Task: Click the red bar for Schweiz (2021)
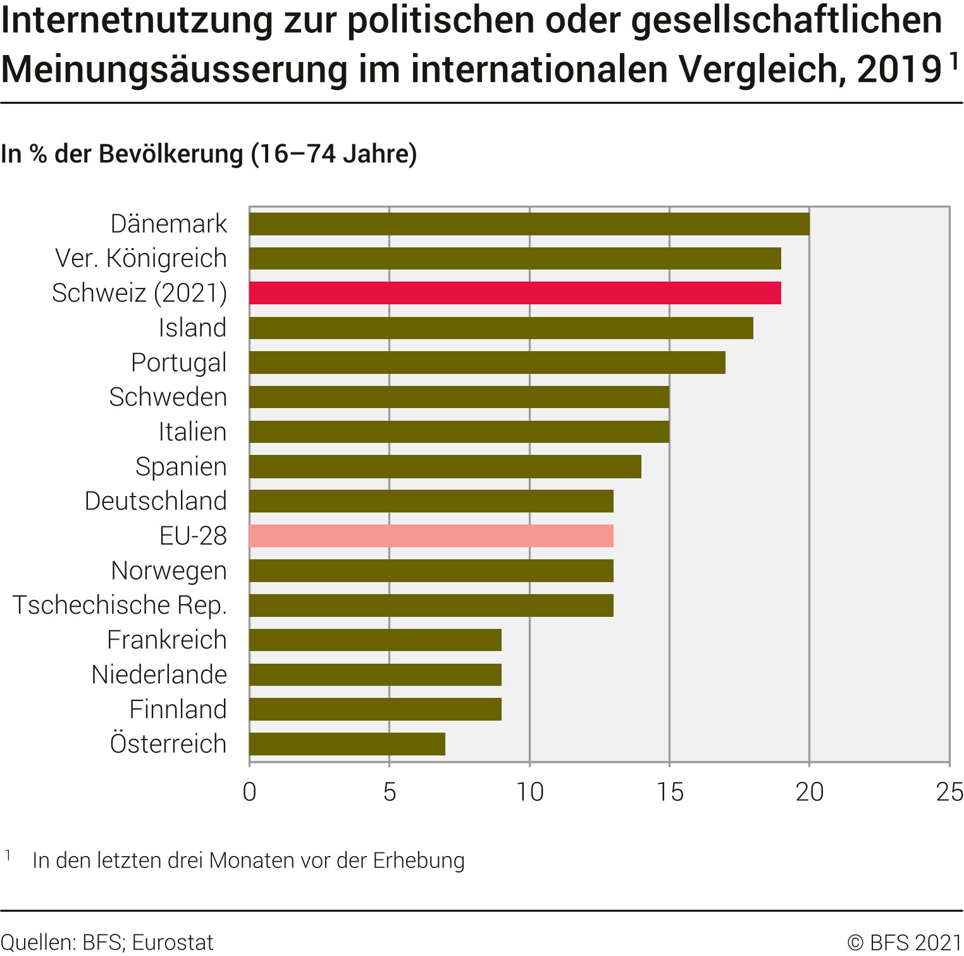coord(515,293)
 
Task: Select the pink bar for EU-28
coord(431,536)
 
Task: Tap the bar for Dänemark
coord(529,224)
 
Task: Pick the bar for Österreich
coord(347,744)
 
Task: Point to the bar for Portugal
coord(487,363)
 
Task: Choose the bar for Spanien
coord(445,466)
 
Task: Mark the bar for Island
coord(501,328)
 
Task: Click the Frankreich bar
coord(375,640)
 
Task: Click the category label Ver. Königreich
coord(140,258)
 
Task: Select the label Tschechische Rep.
coord(120,605)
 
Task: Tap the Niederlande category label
coord(159,674)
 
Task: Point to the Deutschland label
coord(156,501)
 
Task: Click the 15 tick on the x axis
coord(669,791)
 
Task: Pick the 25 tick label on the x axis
coord(949,791)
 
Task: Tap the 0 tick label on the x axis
coord(250,791)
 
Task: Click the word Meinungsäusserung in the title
coord(175,69)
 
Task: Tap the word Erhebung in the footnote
coord(419,860)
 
